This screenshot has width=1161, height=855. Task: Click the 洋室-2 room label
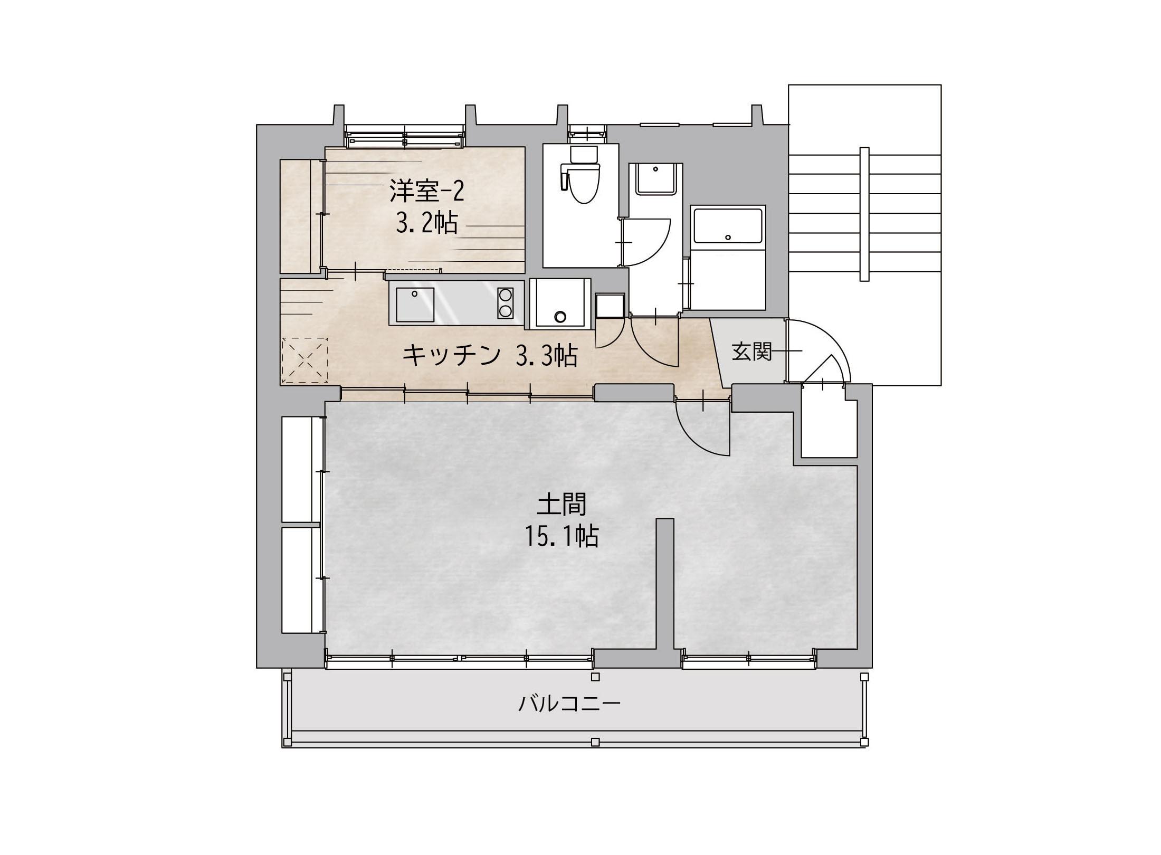pos(427,191)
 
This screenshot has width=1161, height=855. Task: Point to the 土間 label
pos(562,504)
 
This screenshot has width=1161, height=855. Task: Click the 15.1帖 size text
pos(562,536)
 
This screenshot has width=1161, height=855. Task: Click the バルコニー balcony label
pos(569,704)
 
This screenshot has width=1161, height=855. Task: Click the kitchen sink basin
pos(415,305)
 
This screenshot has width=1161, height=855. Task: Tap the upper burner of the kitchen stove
pos(505,294)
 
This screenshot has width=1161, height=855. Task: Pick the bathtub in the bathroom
pos(728,225)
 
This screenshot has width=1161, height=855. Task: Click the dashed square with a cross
pos(305,360)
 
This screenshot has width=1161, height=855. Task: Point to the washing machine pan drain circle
pos(560,317)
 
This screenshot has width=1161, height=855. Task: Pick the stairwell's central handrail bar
pos(864,214)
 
